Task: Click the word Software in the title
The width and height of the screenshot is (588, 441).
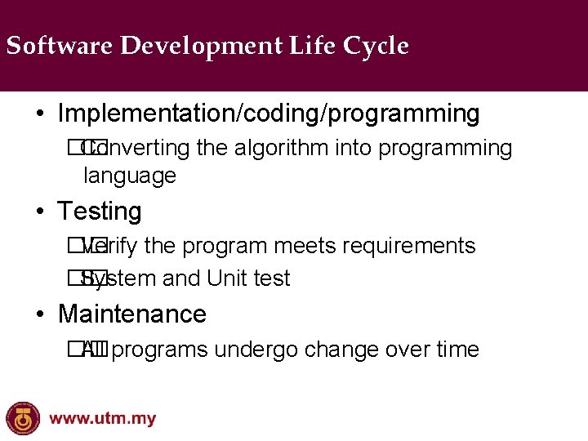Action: pyautogui.click(x=60, y=46)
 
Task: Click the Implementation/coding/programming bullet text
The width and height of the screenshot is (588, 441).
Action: pyautogui.click(x=269, y=114)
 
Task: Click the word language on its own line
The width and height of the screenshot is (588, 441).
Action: pyautogui.click(x=130, y=176)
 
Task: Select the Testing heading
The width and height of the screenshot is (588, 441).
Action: pyautogui.click(x=100, y=212)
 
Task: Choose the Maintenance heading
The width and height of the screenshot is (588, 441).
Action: pyautogui.click(x=132, y=314)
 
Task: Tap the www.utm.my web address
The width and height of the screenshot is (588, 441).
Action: pyautogui.click(x=102, y=420)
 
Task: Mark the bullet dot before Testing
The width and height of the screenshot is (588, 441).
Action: pyautogui.click(x=41, y=212)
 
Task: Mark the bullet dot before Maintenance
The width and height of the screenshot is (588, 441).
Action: pyautogui.click(x=41, y=314)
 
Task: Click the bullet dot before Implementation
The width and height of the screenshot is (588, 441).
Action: pyautogui.click(x=41, y=114)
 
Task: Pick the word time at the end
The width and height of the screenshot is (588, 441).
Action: pyautogui.click(x=457, y=350)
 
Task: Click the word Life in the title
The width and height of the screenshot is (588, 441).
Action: pyautogui.click(x=312, y=46)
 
